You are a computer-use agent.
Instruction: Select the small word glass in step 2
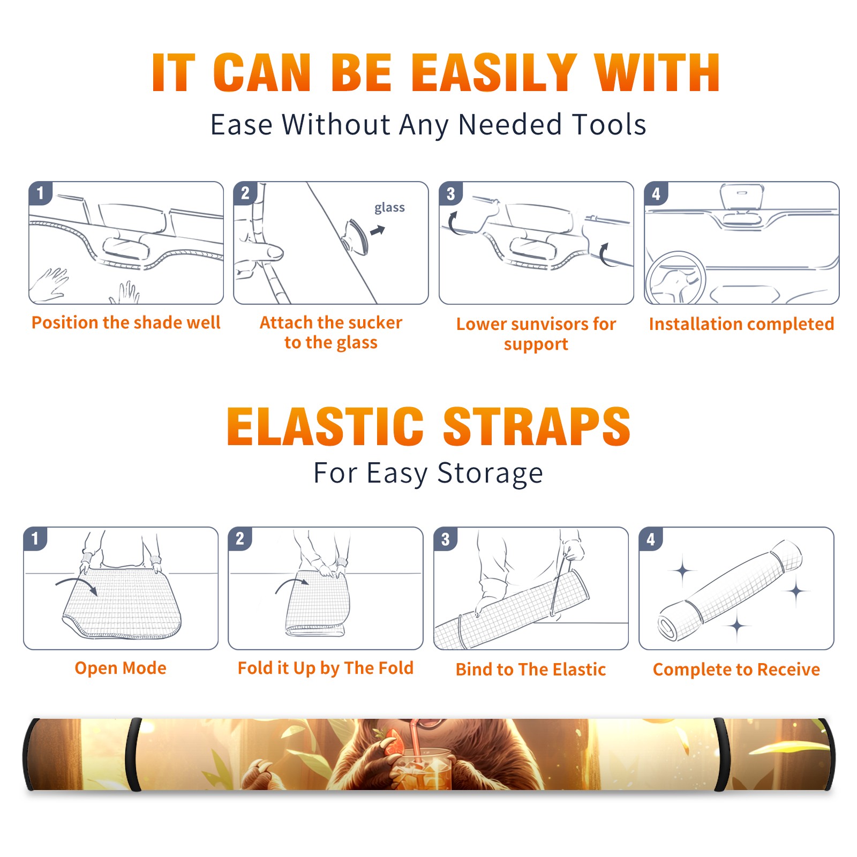coord(389,208)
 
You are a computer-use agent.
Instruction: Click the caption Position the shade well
coord(126,322)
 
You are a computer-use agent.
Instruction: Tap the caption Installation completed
coord(741,324)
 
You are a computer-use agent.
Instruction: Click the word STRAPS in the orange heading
coord(537,426)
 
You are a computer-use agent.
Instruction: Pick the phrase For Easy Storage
coord(428,473)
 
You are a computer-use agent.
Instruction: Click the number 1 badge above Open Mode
coord(36,539)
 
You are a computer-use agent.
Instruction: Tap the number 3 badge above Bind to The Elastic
coord(446,539)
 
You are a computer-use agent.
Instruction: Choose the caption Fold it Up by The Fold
coord(326,668)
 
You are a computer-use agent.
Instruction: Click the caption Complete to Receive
coord(736,670)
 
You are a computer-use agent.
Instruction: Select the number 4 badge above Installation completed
coord(656,193)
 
